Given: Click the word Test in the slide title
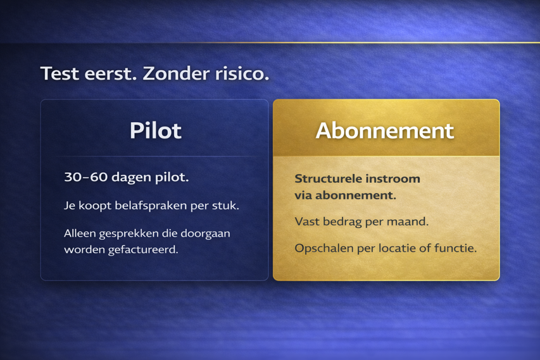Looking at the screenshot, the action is (x=60, y=73).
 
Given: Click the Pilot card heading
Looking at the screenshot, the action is (x=155, y=130).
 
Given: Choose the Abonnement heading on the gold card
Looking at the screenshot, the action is (x=385, y=131).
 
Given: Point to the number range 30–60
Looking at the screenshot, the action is (x=85, y=177).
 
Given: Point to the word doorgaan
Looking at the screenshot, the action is (x=205, y=234).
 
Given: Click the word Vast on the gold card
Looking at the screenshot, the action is (x=307, y=221).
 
